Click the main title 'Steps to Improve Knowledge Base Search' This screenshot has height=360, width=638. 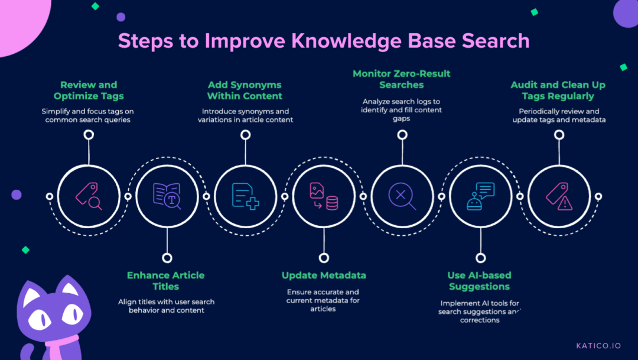(323, 41)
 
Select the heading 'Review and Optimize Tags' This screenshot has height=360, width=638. (89, 90)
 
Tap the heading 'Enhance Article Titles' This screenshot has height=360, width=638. (166, 281)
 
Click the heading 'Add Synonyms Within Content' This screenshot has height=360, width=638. (245, 90)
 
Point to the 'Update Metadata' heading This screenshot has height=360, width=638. (324, 275)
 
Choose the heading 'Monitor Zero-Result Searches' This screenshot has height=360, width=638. (402, 79)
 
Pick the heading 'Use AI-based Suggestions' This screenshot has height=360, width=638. (479, 281)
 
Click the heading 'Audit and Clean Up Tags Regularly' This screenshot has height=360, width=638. (558, 90)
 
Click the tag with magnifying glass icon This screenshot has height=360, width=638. (89, 196)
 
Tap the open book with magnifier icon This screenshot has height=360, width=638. (167, 196)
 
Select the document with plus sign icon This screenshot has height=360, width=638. (245, 196)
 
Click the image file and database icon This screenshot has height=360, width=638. (324, 196)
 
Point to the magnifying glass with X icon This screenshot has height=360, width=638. (402, 196)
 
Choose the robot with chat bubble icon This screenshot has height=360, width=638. (480, 196)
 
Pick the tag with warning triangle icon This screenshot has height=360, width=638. (559, 196)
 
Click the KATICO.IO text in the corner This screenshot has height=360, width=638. (598, 346)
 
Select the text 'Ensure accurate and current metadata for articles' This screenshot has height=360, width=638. (323, 300)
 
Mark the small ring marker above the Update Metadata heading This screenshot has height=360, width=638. (324, 258)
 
